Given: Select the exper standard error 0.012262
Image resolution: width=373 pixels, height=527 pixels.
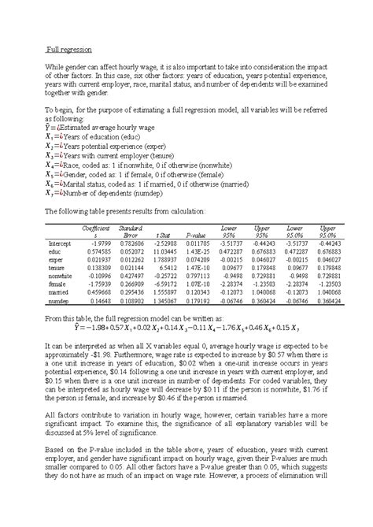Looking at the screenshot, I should click(131, 260).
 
